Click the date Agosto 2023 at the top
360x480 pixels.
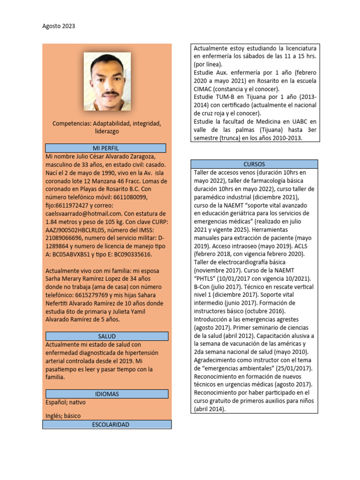point(59,26)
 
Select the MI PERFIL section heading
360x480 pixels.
point(106,148)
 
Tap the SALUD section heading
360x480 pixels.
point(107,336)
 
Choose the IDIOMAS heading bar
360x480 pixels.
point(107,394)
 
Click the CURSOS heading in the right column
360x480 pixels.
point(254,164)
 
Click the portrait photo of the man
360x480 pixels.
point(107,82)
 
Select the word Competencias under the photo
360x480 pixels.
point(72,123)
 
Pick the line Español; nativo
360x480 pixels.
point(66,402)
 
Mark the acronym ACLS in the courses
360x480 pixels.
point(306,246)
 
